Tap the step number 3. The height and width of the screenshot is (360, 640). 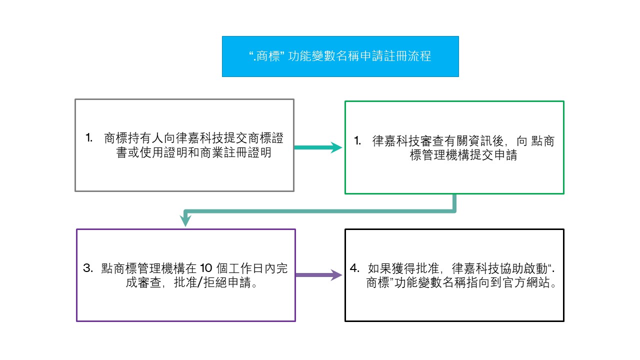coord(87,268)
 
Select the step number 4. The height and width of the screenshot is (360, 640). coord(354,268)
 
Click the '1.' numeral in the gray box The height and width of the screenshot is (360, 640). coord(89,137)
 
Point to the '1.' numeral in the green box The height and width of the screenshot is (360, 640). coord(357,140)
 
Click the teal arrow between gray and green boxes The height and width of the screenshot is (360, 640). coord(318,147)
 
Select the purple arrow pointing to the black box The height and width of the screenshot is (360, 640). coord(319,275)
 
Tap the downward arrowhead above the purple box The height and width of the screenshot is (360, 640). coord(185,220)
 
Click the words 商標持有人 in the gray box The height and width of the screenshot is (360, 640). coord(133,138)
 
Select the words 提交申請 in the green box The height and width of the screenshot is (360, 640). coord(493,155)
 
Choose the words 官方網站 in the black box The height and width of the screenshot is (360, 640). coord(526,283)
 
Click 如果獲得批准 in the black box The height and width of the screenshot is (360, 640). coord(403,268)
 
